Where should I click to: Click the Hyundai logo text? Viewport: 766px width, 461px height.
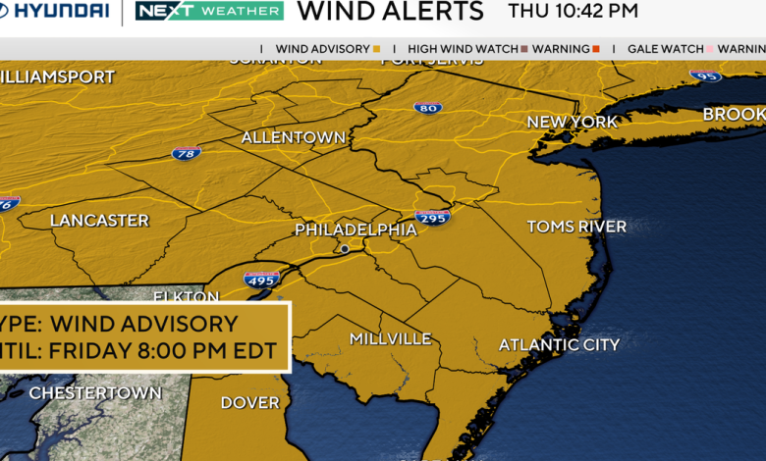click(x=56, y=11)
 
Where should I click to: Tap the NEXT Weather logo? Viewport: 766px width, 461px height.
click(x=208, y=11)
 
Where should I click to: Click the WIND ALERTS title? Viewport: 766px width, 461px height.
click(x=390, y=12)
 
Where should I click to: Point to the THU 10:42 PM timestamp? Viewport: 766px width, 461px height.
click(x=573, y=12)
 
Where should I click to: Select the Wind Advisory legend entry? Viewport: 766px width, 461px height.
click(x=328, y=48)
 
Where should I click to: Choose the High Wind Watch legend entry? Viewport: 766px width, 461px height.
click(x=467, y=48)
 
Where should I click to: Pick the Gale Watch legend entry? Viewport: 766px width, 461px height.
click(x=668, y=48)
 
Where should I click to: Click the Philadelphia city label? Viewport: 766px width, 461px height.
click(x=356, y=230)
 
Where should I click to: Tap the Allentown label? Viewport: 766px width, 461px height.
click(x=294, y=137)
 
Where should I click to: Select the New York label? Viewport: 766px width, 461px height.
click(x=573, y=122)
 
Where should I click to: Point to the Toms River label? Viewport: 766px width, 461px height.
click(x=576, y=227)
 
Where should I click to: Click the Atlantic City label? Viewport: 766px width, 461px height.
click(x=559, y=344)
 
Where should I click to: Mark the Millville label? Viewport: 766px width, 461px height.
click(x=390, y=338)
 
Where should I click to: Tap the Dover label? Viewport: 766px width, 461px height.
click(x=249, y=402)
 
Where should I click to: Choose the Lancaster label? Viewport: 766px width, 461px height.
click(x=99, y=221)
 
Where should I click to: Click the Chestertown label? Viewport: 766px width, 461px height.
click(x=95, y=393)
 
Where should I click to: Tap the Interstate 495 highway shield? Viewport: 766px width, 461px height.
click(x=261, y=279)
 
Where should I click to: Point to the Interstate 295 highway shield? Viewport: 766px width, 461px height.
click(x=432, y=216)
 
